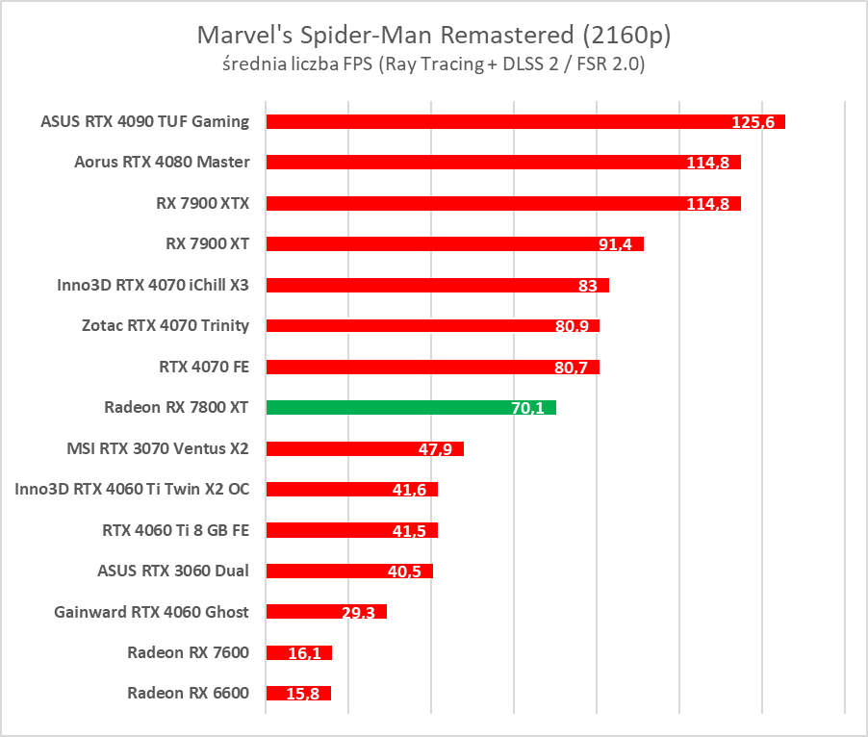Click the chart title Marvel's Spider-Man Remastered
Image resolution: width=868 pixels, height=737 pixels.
coord(433,36)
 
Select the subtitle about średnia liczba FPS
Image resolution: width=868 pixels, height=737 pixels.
coord(433,64)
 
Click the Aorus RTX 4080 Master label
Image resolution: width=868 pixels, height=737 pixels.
coord(162,162)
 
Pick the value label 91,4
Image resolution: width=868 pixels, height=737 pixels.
coord(615,244)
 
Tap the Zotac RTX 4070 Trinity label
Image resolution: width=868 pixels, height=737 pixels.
coord(166,325)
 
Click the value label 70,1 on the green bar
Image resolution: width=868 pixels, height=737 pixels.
coord(528,408)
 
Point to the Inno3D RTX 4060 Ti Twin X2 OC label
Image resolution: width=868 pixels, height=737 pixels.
coord(132,489)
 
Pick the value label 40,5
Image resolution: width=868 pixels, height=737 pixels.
coord(405,572)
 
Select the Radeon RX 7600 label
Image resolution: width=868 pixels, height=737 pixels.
coord(188,652)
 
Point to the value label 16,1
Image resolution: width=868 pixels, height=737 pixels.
coord(305,653)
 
